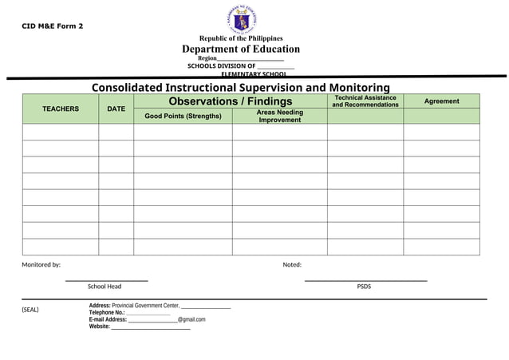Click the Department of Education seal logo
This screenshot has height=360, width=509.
(241, 19)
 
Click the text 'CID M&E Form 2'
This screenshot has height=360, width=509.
(52, 26)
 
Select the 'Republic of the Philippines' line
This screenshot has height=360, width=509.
(241, 38)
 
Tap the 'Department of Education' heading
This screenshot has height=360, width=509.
(241, 49)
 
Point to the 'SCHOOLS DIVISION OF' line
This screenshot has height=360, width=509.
(222, 66)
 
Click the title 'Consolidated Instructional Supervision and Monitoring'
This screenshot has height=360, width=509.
(241, 87)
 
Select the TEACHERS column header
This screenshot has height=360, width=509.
(61, 109)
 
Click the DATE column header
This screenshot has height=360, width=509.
(116, 109)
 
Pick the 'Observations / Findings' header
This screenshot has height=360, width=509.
(231, 101)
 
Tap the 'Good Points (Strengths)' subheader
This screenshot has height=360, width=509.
(183, 117)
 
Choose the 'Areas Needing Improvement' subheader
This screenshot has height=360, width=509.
(279, 117)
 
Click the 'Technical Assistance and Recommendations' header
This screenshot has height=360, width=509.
(365, 101)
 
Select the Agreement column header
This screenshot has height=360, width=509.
(441, 101)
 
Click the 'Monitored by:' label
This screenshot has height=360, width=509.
(41, 265)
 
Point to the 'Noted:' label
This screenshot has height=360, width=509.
(292, 265)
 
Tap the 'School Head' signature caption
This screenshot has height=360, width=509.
(105, 287)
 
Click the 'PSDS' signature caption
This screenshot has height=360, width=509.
(364, 287)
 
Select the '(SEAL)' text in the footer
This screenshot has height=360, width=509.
(30, 310)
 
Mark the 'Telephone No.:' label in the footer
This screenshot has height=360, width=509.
(107, 313)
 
